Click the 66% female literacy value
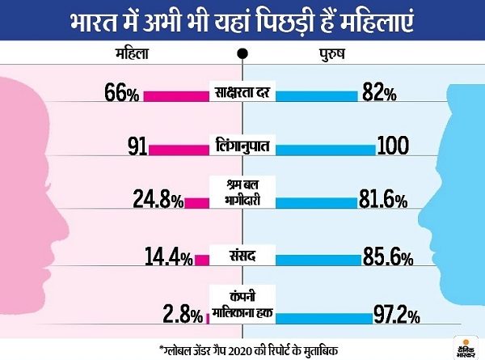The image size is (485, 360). (x=122, y=93)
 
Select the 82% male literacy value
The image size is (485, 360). (x=379, y=93)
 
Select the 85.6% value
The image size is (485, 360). (x=386, y=258)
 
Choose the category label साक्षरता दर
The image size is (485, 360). (x=242, y=94)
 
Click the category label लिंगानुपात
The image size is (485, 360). (x=242, y=148)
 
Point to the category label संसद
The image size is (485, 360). (x=242, y=258)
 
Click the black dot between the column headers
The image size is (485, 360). (x=242, y=53)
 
